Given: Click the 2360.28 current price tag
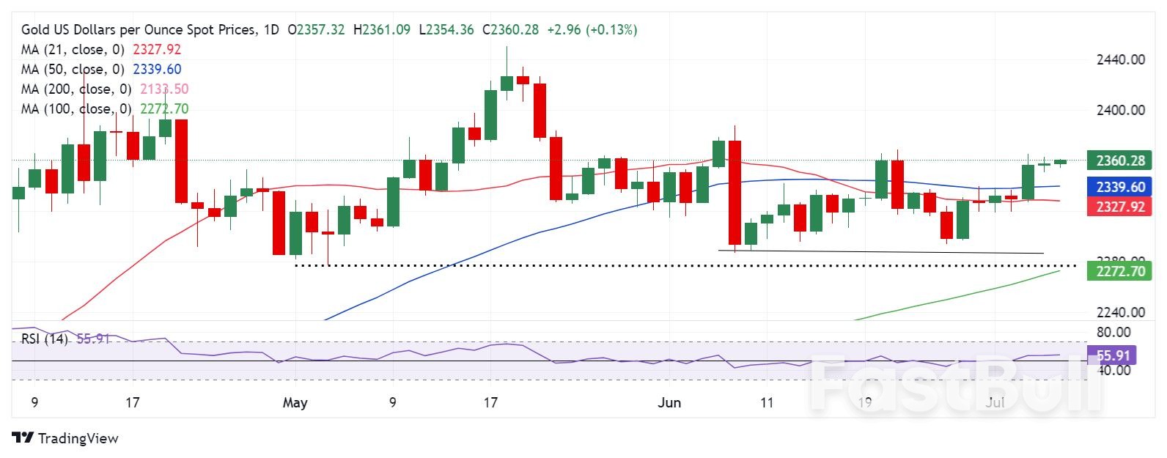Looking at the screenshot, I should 1119,160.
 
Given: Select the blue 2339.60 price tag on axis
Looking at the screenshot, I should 1119,187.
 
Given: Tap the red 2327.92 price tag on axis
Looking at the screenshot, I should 1119,207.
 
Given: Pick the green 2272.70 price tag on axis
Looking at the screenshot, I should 1119,271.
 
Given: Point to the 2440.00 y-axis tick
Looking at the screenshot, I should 1120,59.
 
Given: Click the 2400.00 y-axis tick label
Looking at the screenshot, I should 1120,110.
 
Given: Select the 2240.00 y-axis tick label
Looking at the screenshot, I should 1120,312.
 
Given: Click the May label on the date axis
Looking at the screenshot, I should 295,402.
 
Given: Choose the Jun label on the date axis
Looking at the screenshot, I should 669,402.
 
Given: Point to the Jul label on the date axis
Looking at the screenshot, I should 995,402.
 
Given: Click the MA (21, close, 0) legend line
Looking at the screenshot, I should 73,50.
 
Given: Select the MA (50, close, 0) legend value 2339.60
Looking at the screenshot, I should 157,70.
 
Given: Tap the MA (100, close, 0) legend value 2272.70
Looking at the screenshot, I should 164,109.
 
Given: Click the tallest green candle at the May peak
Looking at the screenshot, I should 490,114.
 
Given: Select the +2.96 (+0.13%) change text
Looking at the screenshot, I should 592,30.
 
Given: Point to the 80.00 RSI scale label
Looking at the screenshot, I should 1113,332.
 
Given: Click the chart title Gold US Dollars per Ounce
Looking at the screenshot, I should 139,30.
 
